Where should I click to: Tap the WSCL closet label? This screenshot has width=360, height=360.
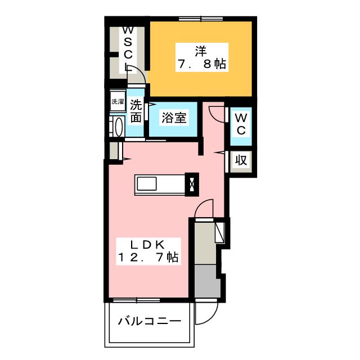[128, 49]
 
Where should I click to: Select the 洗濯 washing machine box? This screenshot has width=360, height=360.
[117, 102]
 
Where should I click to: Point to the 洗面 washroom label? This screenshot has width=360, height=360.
[136, 111]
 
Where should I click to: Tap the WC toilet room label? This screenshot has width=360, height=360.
[240, 124]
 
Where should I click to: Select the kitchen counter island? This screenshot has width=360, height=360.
[160, 184]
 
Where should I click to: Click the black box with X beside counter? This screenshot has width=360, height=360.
[192, 183]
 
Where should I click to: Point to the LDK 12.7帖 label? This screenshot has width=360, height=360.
[148, 251]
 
